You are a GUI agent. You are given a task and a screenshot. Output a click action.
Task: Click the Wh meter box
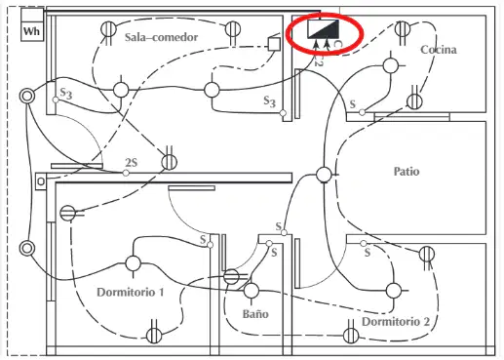coord(32,24)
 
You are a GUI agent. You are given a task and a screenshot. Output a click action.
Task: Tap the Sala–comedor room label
coord(161,37)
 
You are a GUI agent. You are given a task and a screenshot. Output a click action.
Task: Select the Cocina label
coord(439,50)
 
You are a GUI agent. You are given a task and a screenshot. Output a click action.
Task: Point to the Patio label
coord(407,171)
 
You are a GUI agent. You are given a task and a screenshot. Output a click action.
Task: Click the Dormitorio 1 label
coord(131,292)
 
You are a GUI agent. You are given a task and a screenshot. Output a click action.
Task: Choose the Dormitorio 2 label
coord(396,321)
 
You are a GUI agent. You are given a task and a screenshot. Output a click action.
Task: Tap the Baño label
coord(255,314)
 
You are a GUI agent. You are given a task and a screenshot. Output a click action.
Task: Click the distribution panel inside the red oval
coord(324,28)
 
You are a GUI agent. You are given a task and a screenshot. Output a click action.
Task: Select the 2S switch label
coord(132,162)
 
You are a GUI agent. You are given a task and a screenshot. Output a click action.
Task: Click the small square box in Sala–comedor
coord(274,44)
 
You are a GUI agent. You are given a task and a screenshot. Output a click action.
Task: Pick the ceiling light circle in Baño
coord(252,291)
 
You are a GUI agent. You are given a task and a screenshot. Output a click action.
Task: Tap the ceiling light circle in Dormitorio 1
coord(133,263)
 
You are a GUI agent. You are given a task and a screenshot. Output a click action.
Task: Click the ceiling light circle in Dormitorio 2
coord(394,291)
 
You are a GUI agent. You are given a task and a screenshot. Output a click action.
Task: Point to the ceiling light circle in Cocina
coord(391,65)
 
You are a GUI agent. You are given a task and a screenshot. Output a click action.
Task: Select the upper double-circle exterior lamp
coord(27,97)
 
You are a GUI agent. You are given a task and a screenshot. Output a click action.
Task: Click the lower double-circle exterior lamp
coord(27,249)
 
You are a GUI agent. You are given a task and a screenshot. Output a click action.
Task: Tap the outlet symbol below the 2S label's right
coord(170,162)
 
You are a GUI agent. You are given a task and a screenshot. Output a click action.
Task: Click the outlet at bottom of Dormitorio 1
coord(154,336)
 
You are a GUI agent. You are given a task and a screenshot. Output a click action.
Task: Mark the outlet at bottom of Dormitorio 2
coord(351,335)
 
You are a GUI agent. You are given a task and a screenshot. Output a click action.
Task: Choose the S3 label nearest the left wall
coord(66,94)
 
